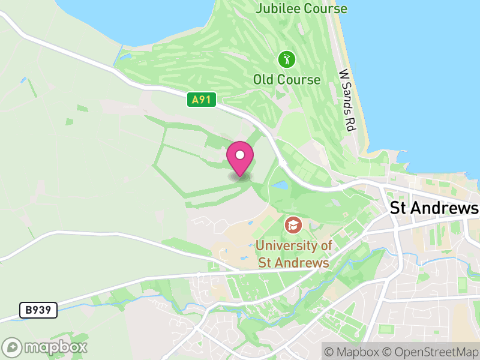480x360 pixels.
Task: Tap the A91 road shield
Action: pyautogui.click(x=200, y=100)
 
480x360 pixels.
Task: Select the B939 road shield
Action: pyautogui.click(x=38, y=310)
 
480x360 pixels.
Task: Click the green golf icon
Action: pyautogui.click(x=286, y=59)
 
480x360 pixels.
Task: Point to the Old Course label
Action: pyautogui.click(x=287, y=79)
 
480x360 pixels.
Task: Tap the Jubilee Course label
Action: pyautogui.click(x=301, y=8)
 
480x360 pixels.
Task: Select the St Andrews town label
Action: pyautogui.click(x=434, y=208)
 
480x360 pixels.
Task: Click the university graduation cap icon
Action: pyautogui.click(x=293, y=225)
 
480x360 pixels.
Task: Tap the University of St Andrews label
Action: pyautogui.click(x=293, y=254)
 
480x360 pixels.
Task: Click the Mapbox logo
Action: pyautogui.click(x=45, y=347)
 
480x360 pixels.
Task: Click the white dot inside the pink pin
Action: pyautogui.click(x=240, y=155)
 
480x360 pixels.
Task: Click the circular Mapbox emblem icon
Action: pyautogui.click(x=13, y=347)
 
